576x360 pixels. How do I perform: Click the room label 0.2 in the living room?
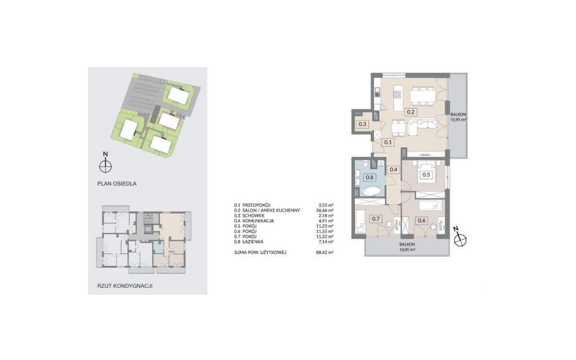point(411,112)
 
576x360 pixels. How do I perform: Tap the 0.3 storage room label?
point(362,124)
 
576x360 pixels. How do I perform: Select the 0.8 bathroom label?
point(370,178)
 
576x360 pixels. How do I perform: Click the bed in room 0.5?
point(427,171)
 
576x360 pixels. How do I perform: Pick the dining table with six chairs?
point(423,96)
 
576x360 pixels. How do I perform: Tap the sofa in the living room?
point(422,126)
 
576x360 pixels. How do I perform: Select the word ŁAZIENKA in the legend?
point(253,242)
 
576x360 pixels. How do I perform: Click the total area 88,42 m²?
point(325,252)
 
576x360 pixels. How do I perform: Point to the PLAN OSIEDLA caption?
point(117,183)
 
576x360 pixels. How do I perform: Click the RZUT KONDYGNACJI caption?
point(125,286)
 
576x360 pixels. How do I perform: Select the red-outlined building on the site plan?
point(169,121)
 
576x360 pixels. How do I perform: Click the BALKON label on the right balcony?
point(458,114)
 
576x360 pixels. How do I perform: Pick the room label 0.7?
point(376,219)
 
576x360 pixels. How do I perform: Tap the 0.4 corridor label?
point(394,169)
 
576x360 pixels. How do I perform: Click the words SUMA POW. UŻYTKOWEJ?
point(260,252)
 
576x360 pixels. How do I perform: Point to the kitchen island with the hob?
point(398,98)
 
